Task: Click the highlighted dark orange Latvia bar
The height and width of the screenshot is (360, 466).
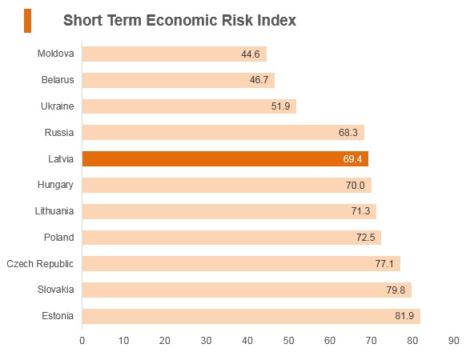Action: pos(225,158)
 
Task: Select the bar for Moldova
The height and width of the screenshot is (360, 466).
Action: pos(175,54)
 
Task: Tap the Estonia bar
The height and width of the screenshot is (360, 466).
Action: pos(251,316)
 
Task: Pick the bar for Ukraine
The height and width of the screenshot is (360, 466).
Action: pos(189,106)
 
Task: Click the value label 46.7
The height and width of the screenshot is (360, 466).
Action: pos(259,80)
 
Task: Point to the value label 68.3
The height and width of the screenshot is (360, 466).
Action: pos(348,133)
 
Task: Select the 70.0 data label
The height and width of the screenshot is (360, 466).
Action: pos(356,186)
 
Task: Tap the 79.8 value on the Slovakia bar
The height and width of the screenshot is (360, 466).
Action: pos(396,290)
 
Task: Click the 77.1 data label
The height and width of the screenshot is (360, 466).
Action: pos(384,264)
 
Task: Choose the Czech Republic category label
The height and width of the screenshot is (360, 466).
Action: pos(40,264)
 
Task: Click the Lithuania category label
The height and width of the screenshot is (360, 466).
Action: pos(54,211)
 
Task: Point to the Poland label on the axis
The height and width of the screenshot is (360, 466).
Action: pos(58,238)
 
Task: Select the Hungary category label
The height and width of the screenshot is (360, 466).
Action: pos(55,185)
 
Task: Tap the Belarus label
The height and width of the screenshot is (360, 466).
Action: pos(58,80)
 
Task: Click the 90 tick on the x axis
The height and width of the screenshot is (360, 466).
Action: pos(453,341)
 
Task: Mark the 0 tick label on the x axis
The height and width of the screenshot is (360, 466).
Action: pos(82,341)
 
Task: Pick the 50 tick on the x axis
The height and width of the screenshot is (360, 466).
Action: pos(288,341)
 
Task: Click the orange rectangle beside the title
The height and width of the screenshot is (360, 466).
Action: pos(28,21)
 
